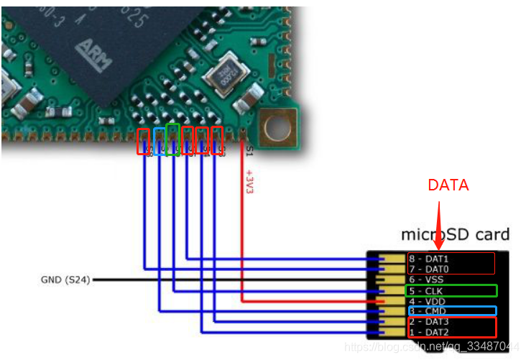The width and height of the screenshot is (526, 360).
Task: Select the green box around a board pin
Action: [x=172, y=139]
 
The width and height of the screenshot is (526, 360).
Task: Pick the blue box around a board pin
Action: [x=160, y=142]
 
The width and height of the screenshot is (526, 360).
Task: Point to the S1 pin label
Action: [x=249, y=152]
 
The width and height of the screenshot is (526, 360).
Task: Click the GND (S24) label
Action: [x=65, y=280]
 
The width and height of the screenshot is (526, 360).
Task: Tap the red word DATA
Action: [x=448, y=185]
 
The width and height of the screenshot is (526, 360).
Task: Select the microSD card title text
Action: [x=455, y=234]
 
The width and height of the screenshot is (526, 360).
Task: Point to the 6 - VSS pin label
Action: [x=427, y=280]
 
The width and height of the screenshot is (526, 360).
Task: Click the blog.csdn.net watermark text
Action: [x=431, y=347]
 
